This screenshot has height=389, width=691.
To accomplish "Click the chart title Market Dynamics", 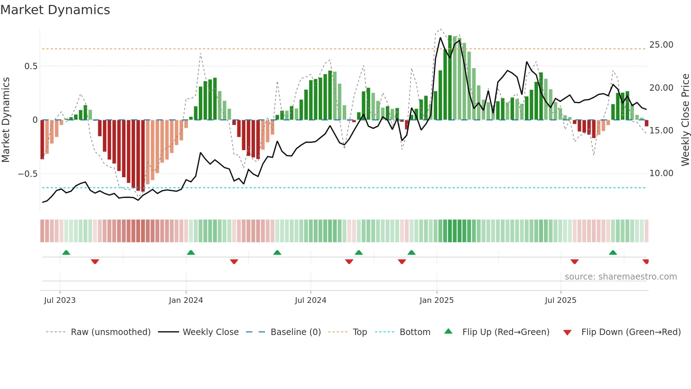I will tap(55, 10).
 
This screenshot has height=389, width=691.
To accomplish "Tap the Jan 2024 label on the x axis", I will tap(186, 300).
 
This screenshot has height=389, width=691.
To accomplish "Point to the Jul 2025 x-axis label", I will tap(560, 300).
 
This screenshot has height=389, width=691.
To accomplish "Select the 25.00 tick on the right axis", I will tap(661, 45).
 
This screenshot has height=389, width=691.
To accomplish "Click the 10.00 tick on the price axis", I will tap(661, 173).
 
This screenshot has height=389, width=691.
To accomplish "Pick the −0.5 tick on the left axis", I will tap(27, 174).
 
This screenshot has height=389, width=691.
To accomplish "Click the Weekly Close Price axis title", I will tap(685, 120).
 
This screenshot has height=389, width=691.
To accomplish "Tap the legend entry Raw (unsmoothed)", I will tap(110, 332).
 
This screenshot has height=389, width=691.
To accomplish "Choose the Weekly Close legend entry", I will tap(210, 332).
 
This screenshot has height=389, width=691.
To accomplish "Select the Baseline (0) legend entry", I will tap(295, 332).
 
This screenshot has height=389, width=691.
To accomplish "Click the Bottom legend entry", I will tap(415, 332).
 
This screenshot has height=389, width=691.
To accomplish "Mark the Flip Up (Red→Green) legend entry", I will tap(506, 332).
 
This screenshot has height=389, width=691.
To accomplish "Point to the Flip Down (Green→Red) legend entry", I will tap(631, 332).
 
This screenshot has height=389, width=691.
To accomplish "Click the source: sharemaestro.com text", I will tap(620, 277).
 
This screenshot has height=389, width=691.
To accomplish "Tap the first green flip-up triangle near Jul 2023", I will tap(66, 252).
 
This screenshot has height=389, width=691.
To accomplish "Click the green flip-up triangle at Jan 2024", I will tap(191, 252).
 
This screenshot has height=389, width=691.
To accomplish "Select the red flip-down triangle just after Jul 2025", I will tap(575, 262).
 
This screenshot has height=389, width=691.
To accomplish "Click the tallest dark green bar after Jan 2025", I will tap(450, 78).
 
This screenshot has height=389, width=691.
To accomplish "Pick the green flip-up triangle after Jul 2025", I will tap(613, 252).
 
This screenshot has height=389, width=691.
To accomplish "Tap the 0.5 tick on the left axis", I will tap(31, 66).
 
